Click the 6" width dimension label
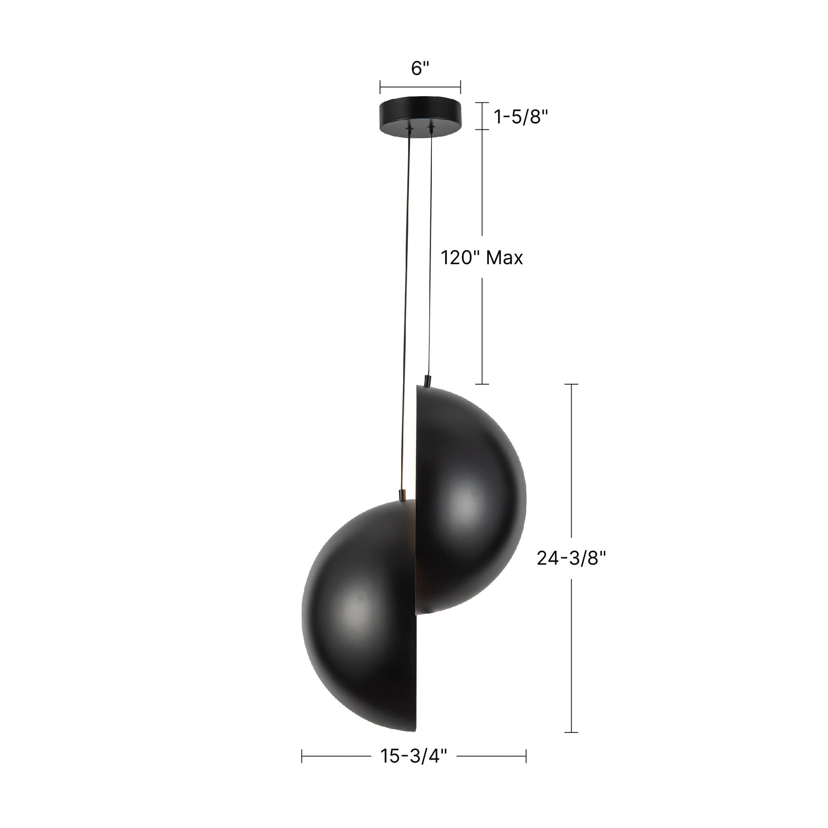pyautogui.click(x=420, y=68)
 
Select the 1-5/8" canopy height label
pyautogui.click(x=521, y=117)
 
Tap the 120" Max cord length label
pyautogui.click(x=482, y=258)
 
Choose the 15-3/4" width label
pyautogui.click(x=414, y=757)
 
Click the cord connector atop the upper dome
pyautogui.click(x=427, y=380)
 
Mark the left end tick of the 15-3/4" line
pyautogui.click(x=302, y=757)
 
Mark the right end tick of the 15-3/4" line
pyautogui.click(x=526, y=757)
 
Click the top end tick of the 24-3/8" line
pyautogui.click(x=571, y=385)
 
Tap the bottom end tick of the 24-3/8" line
pyautogui.click(x=571, y=732)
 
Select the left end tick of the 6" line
pyautogui.click(x=380, y=86)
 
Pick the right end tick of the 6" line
pyautogui.click(x=460, y=86)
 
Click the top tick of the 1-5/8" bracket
pyautogui.click(x=483, y=103)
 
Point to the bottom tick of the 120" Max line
pyautogui.click(x=483, y=384)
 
